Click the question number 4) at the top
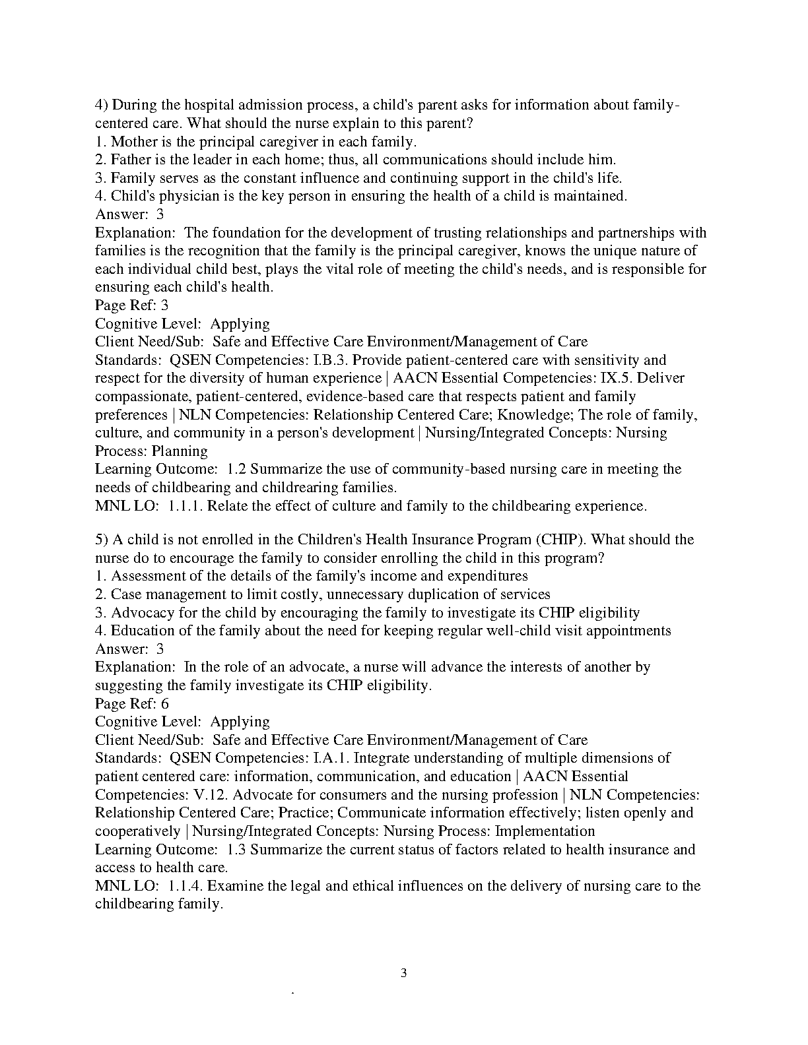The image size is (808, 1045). (x=102, y=106)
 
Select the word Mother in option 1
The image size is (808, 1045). (x=133, y=142)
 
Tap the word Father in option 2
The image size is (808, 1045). (x=130, y=160)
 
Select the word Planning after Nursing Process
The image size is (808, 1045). (x=180, y=451)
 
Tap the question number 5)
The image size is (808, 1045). (x=102, y=540)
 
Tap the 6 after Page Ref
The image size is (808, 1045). (x=165, y=704)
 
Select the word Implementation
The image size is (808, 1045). (x=545, y=831)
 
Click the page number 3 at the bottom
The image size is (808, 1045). (x=404, y=973)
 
